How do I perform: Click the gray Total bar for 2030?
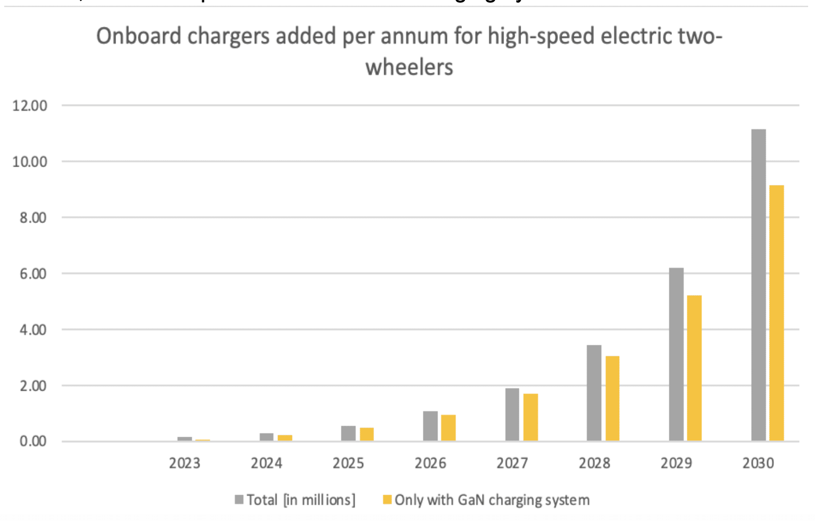coord(758,285)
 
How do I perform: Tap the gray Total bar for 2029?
coord(676,354)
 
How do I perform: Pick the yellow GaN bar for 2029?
coord(694,368)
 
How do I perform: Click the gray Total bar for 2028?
coord(594,393)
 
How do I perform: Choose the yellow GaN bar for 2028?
coord(612,399)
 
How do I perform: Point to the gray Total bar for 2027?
coord(512,414)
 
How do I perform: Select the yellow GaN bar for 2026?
coord(448,428)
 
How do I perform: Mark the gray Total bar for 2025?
coord(348,433)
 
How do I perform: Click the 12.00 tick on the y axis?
coord(30,106)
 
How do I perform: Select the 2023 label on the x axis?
coord(184,464)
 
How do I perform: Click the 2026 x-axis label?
coord(430,464)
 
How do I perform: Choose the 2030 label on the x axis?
coord(758,464)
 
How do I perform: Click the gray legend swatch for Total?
coord(239,499)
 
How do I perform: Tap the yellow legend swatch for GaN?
coord(387,499)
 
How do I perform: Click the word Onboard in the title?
coord(139,37)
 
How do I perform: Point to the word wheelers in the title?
coord(409,67)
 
